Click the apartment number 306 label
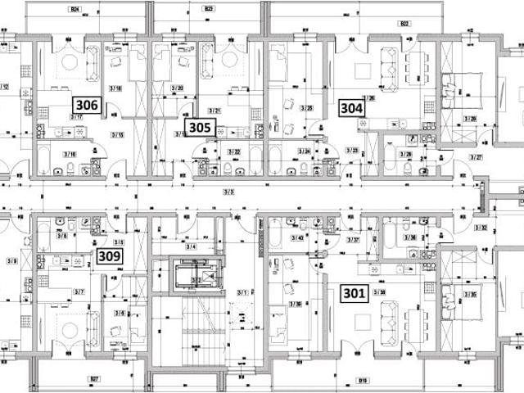coord(87,105)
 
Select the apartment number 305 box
coord(199,127)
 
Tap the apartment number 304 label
coord(352,106)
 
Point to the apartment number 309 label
coord(110,256)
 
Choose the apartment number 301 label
coord(354,292)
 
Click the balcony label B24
coord(75,10)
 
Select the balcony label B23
coord(209,10)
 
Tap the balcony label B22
coord(404,24)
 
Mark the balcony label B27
coord(94,378)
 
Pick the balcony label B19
coord(362,379)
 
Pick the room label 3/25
coord(307,108)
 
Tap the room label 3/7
coord(79,291)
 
